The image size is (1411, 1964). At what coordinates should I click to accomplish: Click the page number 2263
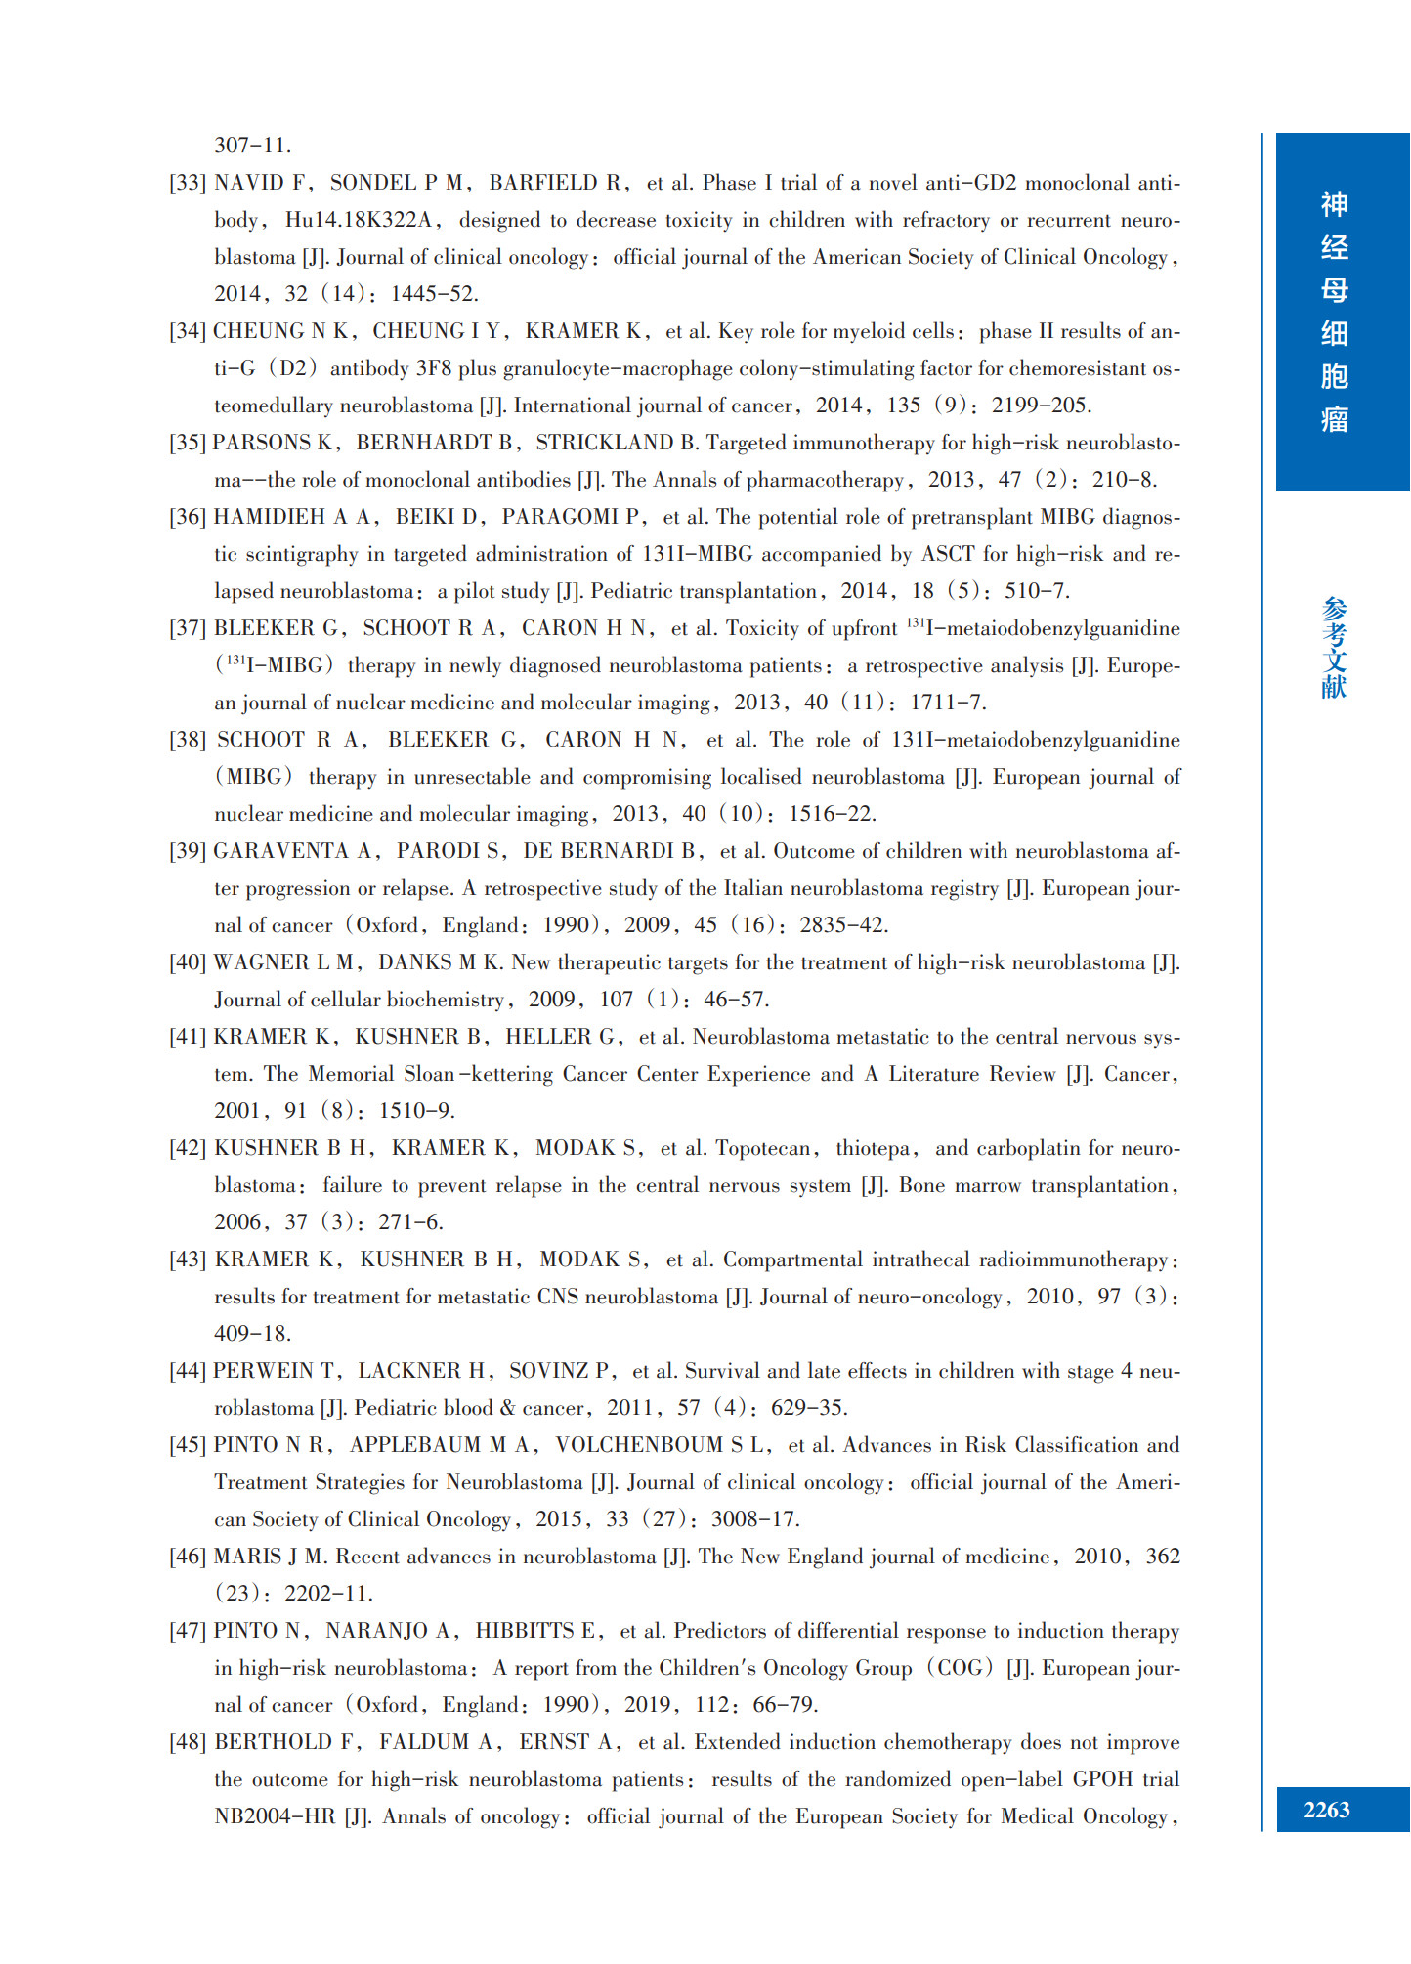1326,1810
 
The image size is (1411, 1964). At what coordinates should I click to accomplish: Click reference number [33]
188,183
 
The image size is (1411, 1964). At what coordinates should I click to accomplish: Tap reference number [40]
188,962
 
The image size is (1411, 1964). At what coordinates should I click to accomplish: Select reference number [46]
188,1557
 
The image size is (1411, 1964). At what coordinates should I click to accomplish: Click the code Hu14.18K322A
359,220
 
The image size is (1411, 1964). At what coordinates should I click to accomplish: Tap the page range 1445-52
434,294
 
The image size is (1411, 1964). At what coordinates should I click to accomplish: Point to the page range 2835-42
843,925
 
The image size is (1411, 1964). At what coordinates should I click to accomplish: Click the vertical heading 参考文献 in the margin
1334,648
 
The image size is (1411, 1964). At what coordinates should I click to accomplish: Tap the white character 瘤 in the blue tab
1334,420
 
